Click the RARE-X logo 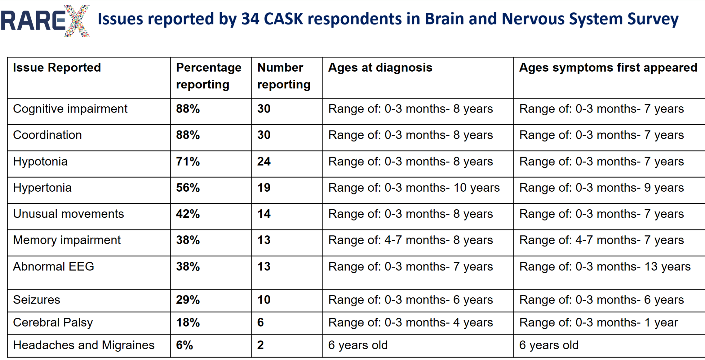[45, 21]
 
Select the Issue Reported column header [57, 67]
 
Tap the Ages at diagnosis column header [380, 67]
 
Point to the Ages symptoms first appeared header [608, 67]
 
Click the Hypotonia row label [40, 161]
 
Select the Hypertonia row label [42, 188]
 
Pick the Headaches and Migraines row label [84, 345]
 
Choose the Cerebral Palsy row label [53, 322]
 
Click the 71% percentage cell [188, 161]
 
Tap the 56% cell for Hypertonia [188, 188]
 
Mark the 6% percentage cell [185, 345]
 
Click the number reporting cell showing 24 [264, 161]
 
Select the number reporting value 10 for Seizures [264, 300]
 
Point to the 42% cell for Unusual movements [188, 214]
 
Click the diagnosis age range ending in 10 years [414, 188]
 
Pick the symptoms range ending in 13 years [605, 266]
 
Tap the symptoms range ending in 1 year [599, 322]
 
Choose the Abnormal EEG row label [53, 266]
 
